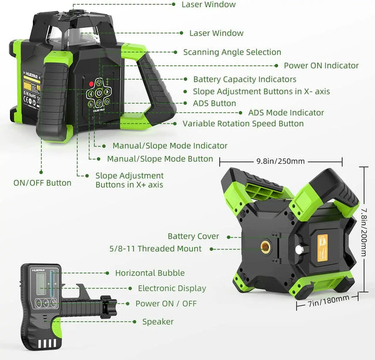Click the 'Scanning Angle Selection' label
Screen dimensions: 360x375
coord(232,52)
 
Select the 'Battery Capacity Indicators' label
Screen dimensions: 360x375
coord(244,79)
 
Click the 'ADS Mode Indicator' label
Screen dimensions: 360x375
coord(286,112)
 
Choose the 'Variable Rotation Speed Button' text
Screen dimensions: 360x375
coord(243,124)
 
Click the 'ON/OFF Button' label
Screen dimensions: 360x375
coord(42,183)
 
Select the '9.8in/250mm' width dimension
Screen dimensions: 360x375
coord(280,160)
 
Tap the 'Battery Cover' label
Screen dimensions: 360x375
coord(193,236)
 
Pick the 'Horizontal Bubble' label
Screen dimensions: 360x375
coord(149,273)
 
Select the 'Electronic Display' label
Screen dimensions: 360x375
coord(172,288)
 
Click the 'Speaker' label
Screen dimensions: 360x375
coord(158,321)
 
